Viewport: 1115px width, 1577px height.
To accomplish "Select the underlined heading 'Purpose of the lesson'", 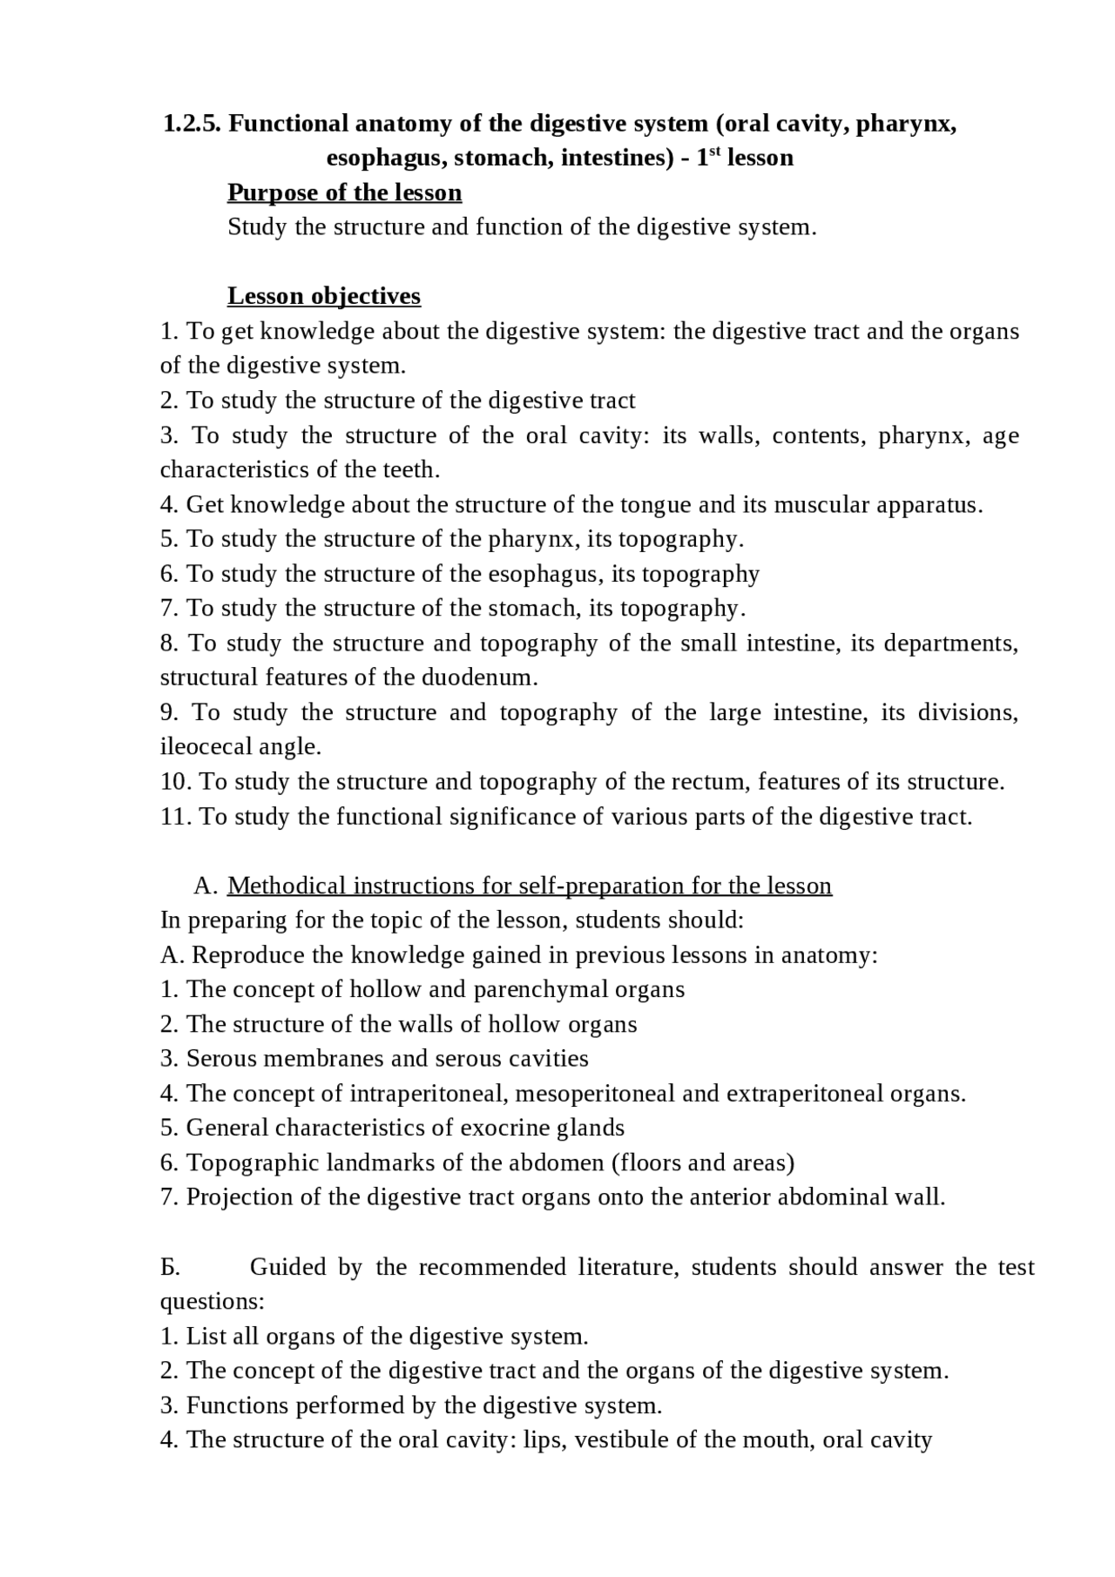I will click(x=344, y=192).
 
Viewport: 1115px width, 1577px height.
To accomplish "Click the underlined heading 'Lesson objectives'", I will click(x=323, y=296).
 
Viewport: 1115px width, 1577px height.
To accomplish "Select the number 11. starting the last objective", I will click(x=175, y=817).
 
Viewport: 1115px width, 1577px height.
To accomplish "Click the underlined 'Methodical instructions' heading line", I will click(x=529, y=886).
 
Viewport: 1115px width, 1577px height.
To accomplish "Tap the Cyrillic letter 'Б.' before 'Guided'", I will click(x=171, y=1268).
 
